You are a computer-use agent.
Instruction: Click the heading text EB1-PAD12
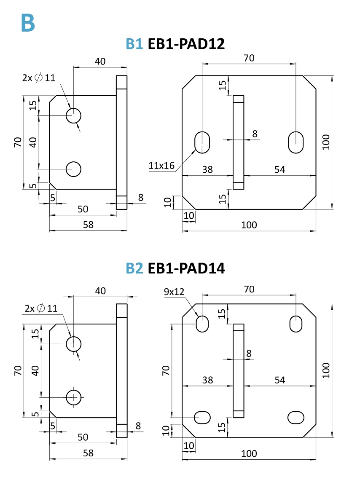pos(186,44)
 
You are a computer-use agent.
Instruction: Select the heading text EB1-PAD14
pos(186,268)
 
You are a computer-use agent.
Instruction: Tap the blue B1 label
pos(135,44)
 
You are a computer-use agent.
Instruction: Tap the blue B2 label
pos(135,268)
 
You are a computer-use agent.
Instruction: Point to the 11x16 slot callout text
pos(161,166)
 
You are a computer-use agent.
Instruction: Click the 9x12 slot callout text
pos(174,291)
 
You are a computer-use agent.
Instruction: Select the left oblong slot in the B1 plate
pos(203,142)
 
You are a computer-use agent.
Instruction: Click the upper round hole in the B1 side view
pos(73,115)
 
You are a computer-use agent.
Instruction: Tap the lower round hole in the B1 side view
pos(73,169)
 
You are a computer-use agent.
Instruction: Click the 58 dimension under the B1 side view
pos(88,225)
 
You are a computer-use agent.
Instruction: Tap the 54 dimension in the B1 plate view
pos(280,169)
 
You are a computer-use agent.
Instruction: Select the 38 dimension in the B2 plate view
pos(207,380)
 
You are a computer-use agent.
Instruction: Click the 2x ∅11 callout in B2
pos(40,308)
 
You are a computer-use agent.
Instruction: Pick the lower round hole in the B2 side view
pos(74,397)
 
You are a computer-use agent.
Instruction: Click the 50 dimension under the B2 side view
pos(83,437)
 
